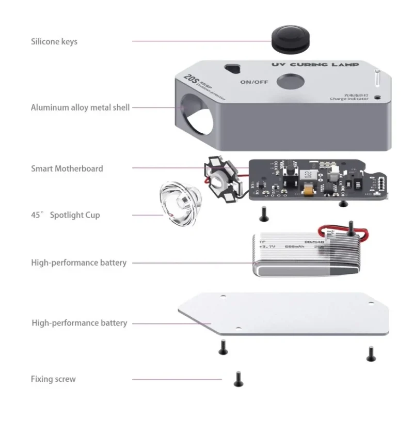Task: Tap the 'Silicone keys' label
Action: (54, 41)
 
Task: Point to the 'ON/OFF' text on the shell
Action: (253, 82)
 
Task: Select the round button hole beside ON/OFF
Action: (289, 82)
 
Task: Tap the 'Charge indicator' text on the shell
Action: (349, 99)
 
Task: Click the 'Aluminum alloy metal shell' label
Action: (80, 107)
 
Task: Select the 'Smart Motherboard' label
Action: (67, 168)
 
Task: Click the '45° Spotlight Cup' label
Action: (66, 215)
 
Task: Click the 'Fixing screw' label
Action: (53, 379)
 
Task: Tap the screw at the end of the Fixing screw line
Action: (238, 379)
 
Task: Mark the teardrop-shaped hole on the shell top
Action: (235, 69)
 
